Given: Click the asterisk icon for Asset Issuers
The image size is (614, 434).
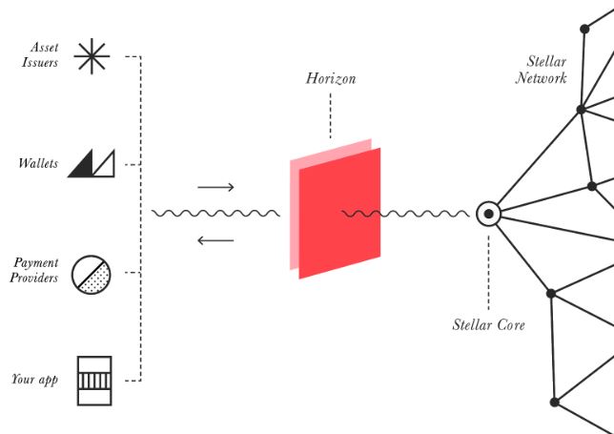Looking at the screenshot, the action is click(92, 56).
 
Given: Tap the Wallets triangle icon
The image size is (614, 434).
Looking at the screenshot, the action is click(92, 163).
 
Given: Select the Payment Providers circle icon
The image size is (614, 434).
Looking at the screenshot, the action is click(92, 275).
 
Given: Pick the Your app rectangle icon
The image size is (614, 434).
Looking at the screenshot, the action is click(94, 381).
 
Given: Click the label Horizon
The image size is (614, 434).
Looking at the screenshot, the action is click(331, 79).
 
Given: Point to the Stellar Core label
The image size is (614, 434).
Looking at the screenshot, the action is click(488, 324).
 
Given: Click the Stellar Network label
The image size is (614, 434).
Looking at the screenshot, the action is click(542, 70).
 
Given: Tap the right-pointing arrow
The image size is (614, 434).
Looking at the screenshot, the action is click(215, 187).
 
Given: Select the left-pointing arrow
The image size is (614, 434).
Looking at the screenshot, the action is click(215, 240).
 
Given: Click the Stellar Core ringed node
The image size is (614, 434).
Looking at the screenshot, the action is click(488, 214).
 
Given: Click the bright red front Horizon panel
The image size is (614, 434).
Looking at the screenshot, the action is click(339, 214).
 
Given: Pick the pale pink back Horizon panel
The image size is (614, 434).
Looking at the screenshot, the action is click(294, 216).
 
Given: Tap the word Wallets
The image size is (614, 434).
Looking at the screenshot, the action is click(38, 163).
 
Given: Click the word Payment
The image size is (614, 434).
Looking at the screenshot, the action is click(36, 263).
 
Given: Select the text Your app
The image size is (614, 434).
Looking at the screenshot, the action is click(35, 380).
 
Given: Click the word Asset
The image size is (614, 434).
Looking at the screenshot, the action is click(45, 48).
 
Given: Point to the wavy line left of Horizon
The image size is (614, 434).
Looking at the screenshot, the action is click(215, 214).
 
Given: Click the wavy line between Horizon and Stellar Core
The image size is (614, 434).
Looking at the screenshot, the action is click(405, 214).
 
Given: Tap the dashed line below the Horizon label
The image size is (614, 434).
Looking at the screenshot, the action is click(331, 115).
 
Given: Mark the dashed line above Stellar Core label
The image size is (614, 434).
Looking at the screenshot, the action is click(488, 273).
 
